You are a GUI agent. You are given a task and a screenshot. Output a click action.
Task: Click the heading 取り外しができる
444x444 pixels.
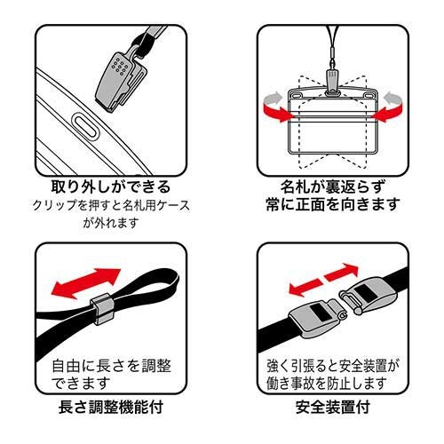click(x=111, y=188)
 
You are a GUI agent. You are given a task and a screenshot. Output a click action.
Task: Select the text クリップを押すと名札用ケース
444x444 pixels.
click(x=111, y=205)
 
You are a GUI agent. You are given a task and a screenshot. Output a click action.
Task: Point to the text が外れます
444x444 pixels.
click(x=111, y=223)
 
